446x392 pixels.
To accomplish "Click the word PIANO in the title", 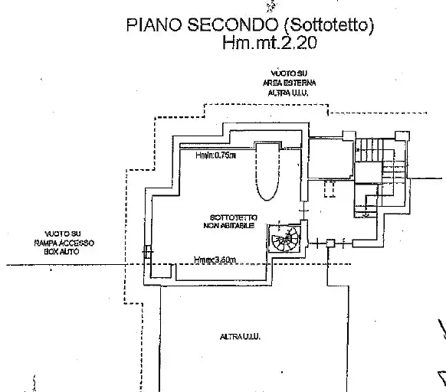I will click(151, 27).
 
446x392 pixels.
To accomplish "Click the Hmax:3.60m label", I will click(215, 260).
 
